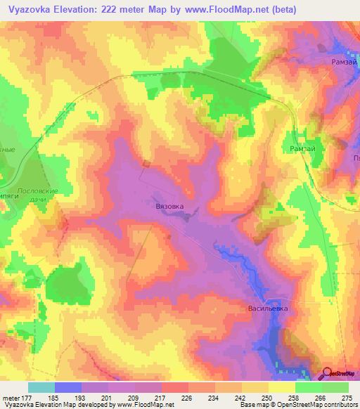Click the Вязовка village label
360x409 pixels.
click(x=169, y=207)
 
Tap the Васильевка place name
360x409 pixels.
click(x=269, y=308)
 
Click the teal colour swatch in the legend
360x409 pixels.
click(x=41, y=387)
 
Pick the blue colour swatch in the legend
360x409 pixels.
click(x=68, y=387)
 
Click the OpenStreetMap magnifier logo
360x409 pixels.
click(x=328, y=374)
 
